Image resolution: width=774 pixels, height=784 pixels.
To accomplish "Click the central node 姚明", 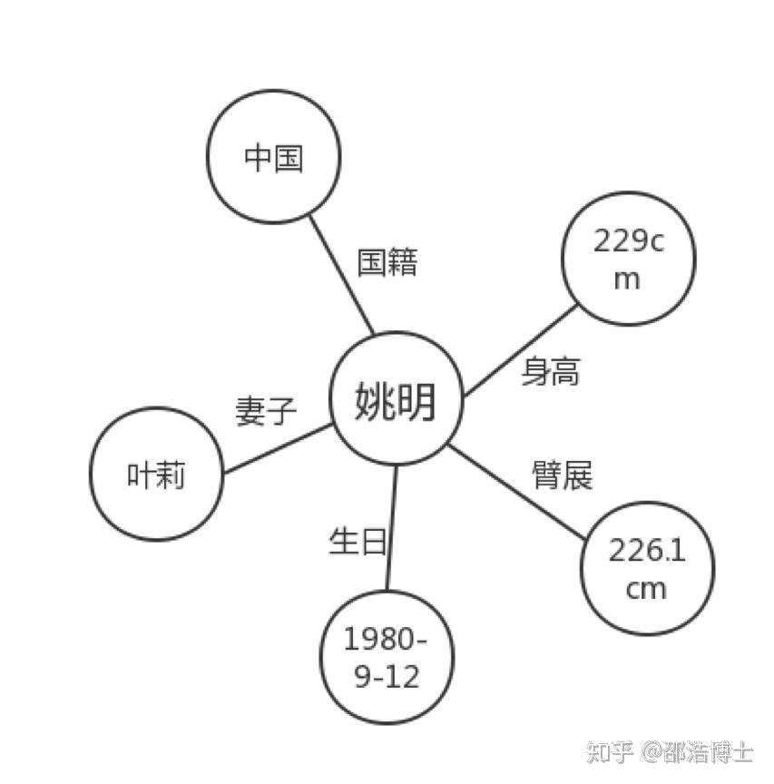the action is (x=396, y=398).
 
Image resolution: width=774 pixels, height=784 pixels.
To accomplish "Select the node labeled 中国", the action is (x=273, y=156).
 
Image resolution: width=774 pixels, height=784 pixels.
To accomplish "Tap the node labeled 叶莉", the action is (x=156, y=474).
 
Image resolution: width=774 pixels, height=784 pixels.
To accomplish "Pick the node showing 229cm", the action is (x=629, y=259).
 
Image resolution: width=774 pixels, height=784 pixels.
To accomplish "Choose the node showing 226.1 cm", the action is (x=648, y=569).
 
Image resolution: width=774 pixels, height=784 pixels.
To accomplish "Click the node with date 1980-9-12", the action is (x=387, y=657).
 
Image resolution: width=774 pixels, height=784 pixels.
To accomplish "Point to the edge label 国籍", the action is (x=387, y=261).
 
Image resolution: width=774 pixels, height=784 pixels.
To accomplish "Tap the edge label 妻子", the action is (x=266, y=411).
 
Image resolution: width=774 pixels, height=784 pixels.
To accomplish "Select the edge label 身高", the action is (x=551, y=371).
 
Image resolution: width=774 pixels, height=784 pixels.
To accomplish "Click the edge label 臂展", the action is (x=563, y=475).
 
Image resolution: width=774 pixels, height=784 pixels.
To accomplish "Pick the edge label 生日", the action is (x=358, y=541).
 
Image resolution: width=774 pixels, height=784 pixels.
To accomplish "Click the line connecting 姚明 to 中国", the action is (x=341, y=275).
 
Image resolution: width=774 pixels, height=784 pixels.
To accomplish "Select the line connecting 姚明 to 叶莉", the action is (x=278, y=448).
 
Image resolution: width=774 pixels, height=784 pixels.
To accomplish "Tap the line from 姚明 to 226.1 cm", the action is (x=516, y=492).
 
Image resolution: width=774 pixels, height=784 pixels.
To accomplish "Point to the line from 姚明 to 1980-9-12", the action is (x=392, y=527).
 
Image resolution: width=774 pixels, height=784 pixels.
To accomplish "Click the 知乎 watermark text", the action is (x=610, y=751).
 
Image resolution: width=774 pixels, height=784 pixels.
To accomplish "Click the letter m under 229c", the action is (x=626, y=280).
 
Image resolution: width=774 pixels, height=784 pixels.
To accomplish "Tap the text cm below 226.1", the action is (x=646, y=590).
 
